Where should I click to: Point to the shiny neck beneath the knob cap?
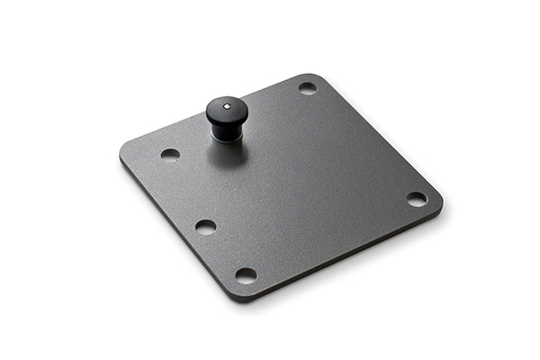pos(223,131)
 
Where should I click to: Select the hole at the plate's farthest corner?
pos(307,88)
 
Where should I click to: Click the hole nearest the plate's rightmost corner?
pos(416,199)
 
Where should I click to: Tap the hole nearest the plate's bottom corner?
pos(246,275)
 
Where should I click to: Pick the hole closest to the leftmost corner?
pos(170,154)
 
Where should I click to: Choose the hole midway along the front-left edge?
pos(205,227)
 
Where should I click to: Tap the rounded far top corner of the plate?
pos(314,76)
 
